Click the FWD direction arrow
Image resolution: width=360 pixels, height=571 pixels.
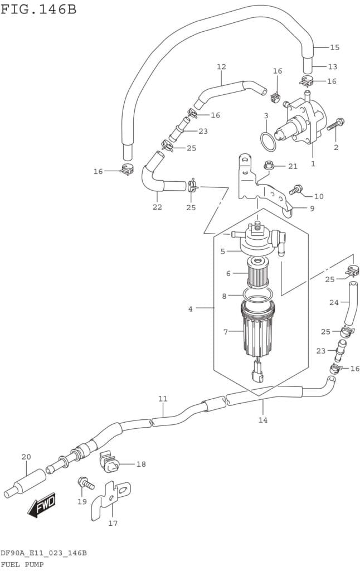[42, 505]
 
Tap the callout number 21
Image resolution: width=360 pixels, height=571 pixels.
[293, 166]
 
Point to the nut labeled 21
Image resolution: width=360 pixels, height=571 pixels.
[268, 165]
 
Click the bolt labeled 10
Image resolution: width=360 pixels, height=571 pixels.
[296, 190]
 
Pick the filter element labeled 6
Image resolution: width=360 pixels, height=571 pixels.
[257, 272]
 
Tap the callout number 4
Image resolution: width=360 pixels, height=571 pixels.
[191, 309]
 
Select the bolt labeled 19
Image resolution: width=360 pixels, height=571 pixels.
[85, 483]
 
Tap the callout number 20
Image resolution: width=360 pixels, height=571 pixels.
[26, 457]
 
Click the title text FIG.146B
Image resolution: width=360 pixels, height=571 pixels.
[38, 9]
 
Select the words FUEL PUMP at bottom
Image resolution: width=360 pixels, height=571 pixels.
[22, 565]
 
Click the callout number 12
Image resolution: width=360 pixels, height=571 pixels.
[221, 67]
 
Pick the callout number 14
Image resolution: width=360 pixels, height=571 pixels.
[263, 420]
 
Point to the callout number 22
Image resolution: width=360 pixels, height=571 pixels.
[157, 207]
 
